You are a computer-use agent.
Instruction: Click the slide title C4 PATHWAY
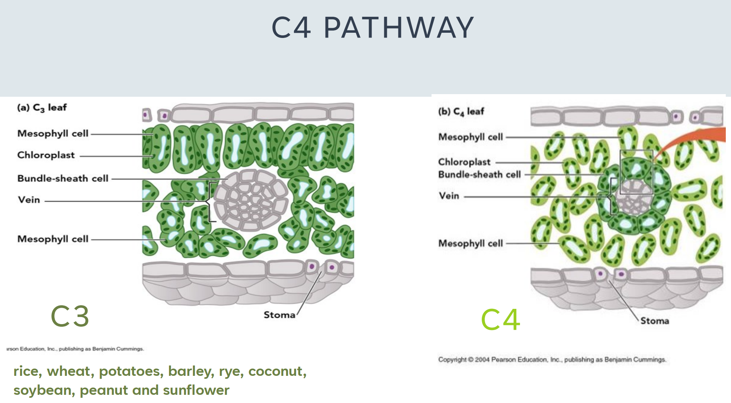[372, 28]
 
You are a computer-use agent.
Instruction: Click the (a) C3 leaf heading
[42, 108]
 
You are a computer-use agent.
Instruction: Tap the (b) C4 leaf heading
[461, 111]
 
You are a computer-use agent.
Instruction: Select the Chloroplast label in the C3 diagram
[46, 155]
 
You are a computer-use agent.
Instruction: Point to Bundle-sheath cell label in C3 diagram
[62, 179]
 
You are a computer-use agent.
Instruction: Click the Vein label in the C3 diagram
[29, 200]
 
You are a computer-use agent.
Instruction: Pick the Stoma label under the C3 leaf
[279, 315]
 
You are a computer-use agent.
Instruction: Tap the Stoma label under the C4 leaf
[654, 321]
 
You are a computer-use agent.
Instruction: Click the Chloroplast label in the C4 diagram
[464, 162]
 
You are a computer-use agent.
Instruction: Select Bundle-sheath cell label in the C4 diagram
[479, 175]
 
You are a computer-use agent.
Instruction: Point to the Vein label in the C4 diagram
[449, 196]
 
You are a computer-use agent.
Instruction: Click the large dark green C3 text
[70, 316]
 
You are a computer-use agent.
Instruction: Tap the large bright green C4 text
[500, 319]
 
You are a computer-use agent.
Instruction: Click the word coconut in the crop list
[277, 371]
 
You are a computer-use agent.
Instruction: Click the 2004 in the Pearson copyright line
[482, 360]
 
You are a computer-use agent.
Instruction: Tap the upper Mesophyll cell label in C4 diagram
[470, 137]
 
